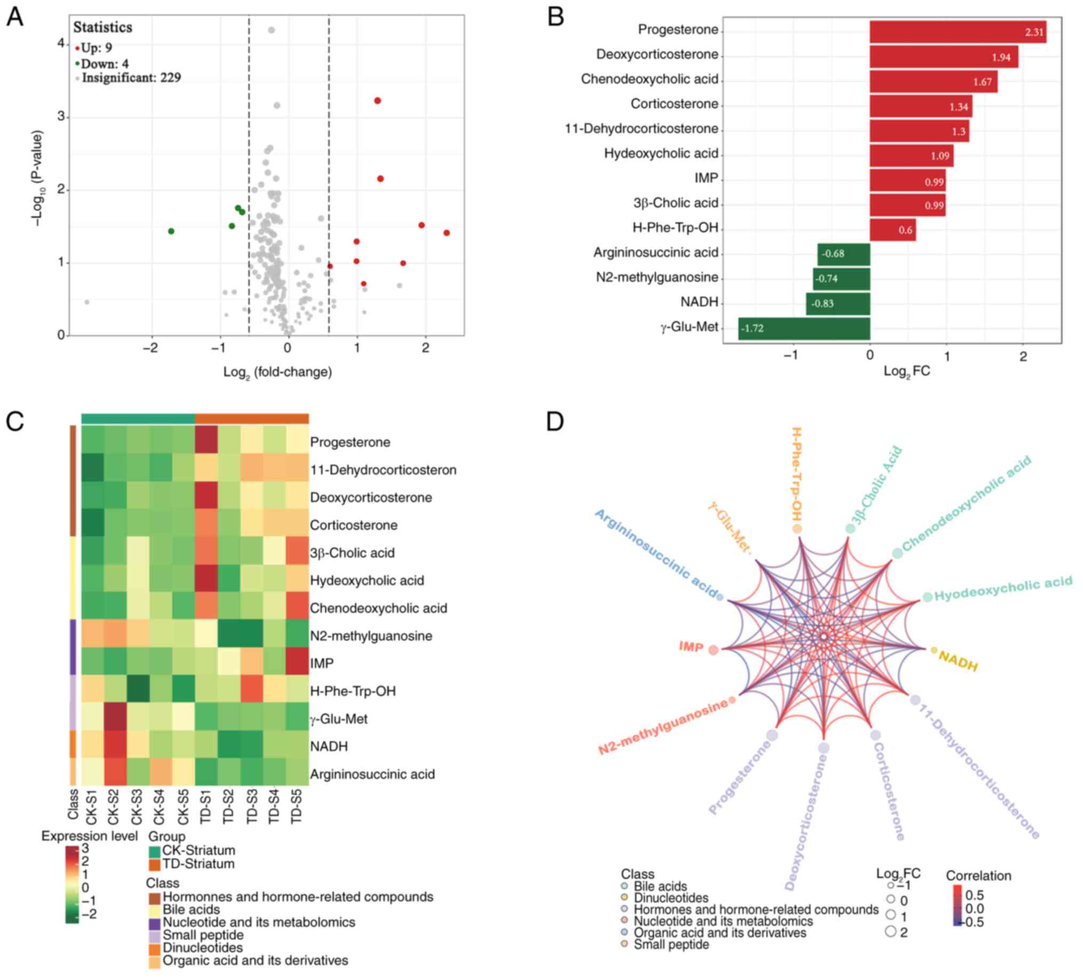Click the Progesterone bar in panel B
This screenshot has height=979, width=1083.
point(957,31)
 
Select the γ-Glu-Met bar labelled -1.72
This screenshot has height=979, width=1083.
point(804,329)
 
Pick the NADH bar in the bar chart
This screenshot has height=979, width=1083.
point(837,304)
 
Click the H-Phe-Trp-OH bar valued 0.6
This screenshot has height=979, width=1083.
point(892,230)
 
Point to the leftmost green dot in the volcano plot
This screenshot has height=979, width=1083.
point(172,231)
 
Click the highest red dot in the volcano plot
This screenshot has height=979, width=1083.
point(378,101)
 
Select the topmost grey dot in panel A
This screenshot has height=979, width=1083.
point(271,30)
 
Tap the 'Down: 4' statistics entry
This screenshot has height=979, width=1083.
point(104,64)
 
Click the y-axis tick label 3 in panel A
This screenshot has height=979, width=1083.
point(61,117)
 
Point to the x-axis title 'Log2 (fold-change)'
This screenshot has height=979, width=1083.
point(277,372)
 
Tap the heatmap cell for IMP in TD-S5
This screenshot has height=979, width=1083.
point(297,662)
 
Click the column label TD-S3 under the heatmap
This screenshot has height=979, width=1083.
point(252,807)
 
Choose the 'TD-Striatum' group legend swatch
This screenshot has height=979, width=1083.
point(155,864)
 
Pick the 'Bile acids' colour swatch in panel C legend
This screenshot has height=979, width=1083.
point(155,910)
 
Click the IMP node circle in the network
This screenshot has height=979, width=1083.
point(713,650)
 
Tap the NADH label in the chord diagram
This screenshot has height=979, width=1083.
point(958,661)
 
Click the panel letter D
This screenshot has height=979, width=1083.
point(554,421)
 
